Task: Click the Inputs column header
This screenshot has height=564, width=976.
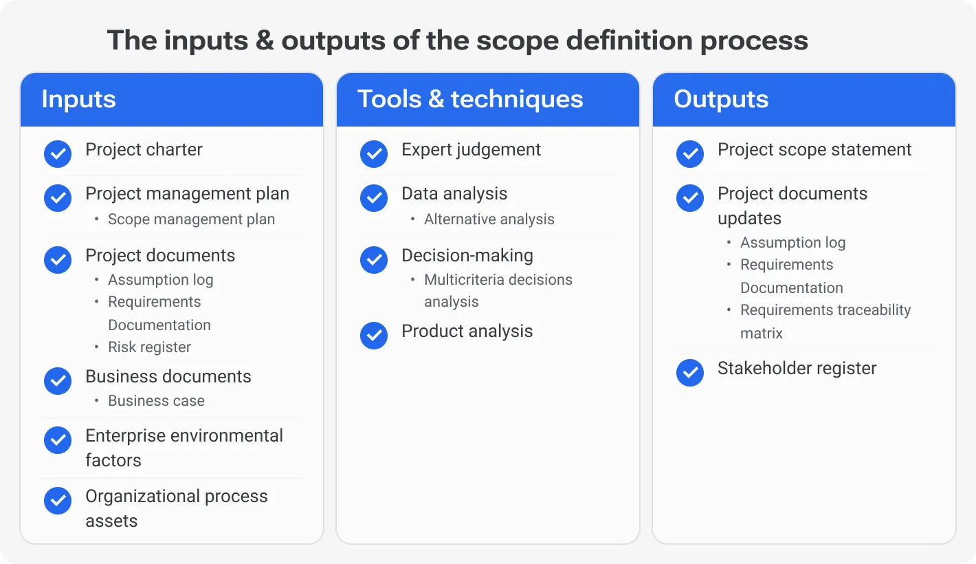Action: coord(79,99)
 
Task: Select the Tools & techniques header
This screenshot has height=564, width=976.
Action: coord(470,99)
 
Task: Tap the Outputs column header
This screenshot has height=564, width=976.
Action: coord(721,99)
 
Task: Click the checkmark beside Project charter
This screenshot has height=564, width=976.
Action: coord(58,154)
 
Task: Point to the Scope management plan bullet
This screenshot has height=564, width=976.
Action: coord(191,219)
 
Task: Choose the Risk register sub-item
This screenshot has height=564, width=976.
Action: coord(149,347)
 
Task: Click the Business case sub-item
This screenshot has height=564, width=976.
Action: coord(156,401)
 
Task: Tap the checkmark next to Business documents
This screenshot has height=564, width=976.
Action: coord(58,381)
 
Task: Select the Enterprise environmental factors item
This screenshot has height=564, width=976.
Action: coord(184,448)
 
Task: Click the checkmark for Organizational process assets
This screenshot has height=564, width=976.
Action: coord(58,501)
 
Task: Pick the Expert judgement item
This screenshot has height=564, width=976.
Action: coord(471,150)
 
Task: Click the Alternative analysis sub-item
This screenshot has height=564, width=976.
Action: coord(489,219)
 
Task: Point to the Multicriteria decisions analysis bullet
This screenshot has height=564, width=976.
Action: coord(498,290)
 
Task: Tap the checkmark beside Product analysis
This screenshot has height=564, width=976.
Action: coord(374,336)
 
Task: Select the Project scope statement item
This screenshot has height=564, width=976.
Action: coord(814,150)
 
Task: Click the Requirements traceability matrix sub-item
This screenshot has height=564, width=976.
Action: coord(825,321)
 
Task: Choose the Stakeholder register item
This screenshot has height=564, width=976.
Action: coord(797,369)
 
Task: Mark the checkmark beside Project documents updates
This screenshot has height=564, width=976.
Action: coord(690,198)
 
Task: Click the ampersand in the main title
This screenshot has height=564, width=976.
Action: coord(264,41)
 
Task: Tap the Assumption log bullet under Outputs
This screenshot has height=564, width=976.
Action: coord(792,243)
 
